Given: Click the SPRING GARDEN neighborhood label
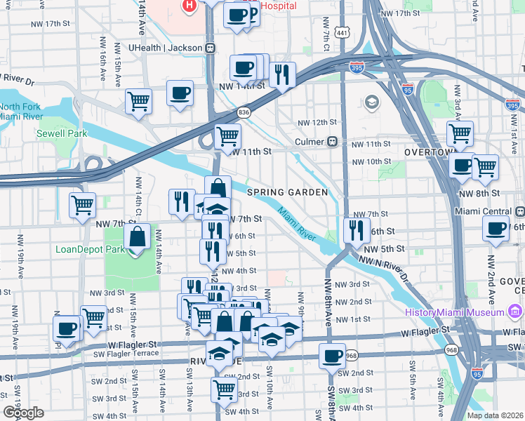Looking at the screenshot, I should (x=287, y=192).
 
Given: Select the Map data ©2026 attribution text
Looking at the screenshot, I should (x=494, y=415).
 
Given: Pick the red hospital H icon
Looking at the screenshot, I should (x=188, y=6).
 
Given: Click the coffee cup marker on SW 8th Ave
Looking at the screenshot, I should (x=331, y=355).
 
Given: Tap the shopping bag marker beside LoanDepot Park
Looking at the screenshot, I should (x=138, y=236).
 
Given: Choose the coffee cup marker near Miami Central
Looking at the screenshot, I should (x=496, y=229).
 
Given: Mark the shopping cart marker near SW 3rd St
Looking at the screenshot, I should (x=223, y=388).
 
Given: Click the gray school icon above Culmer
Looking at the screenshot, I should (x=371, y=104).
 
